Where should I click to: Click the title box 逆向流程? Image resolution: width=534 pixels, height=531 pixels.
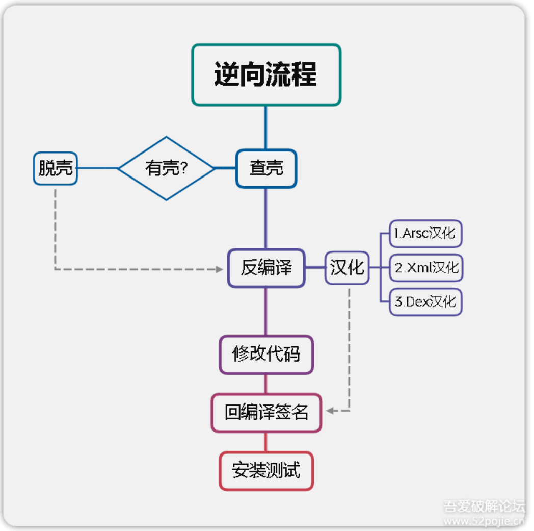pyautogui.click(x=266, y=75)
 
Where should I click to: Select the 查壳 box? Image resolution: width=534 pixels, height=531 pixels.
pyautogui.click(x=266, y=168)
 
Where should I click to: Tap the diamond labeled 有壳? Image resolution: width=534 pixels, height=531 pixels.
pyautogui.click(x=167, y=168)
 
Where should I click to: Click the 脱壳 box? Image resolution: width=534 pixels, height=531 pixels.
pyautogui.click(x=56, y=168)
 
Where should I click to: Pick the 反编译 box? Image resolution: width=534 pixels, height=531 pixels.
pyautogui.click(x=266, y=268)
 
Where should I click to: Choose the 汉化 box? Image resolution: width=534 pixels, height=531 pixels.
pyautogui.click(x=347, y=268)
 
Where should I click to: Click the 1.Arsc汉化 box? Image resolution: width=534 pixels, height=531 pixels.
pyautogui.click(x=425, y=234)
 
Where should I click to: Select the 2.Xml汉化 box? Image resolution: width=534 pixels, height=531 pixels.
pyautogui.click(x=425, y=268)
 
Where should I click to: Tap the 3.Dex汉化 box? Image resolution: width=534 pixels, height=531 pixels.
pyautogui.click(x=425, y=301)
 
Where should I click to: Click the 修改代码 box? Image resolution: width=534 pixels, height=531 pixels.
pyautogui.click(x=266, y=354)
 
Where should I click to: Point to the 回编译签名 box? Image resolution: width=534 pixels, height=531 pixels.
pyautogui.click(x=266, y=413)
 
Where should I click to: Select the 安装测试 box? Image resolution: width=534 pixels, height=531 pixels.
pyautogui.click(x=266, y=470)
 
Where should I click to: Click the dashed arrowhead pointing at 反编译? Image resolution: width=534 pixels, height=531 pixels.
pyautogui.click(x=220, y=269)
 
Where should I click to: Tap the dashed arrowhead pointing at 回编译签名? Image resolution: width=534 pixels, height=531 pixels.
pyautogui.click(x=330, y=411)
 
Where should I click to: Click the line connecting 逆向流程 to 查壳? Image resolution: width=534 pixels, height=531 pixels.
pyautogui.click(x=265, y=128)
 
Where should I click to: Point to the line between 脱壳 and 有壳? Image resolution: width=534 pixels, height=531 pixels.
pyautogui.click(x=98, y=168)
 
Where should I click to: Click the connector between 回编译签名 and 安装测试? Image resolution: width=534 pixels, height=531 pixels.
pyautogui.click(x=265, y=442)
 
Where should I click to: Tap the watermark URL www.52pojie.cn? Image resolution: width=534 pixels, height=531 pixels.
pyautogui.click(x=484, y=521)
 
